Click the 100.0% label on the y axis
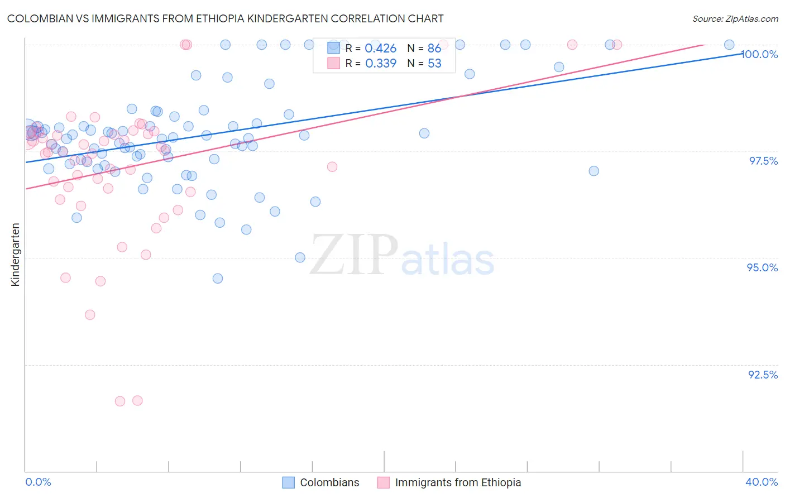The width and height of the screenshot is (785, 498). [760, 54]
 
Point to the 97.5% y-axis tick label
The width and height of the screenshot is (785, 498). [763, 161]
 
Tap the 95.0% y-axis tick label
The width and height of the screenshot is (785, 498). [762, 267]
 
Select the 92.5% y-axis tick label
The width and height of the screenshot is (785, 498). [763, 375]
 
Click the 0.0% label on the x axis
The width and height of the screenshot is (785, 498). [38, 482]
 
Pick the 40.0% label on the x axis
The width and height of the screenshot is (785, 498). [762, 482]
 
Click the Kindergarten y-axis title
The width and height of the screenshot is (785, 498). [15, 255]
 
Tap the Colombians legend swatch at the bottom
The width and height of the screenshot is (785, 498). [288, 482]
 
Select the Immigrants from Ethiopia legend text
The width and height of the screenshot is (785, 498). [458, 482]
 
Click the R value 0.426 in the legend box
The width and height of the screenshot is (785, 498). [380, 49]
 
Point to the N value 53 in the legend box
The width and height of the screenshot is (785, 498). [434, 64]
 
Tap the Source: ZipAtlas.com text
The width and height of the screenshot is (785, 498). [735, 18]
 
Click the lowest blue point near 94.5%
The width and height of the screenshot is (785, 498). [218, 278]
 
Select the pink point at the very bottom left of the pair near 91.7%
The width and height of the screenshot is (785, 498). [119, 401]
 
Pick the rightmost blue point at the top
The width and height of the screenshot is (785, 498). [729, 45]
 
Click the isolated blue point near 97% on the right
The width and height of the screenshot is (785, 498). [593, 171]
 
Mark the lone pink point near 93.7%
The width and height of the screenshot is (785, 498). [90, 315]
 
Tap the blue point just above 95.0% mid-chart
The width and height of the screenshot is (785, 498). [300, 257]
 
